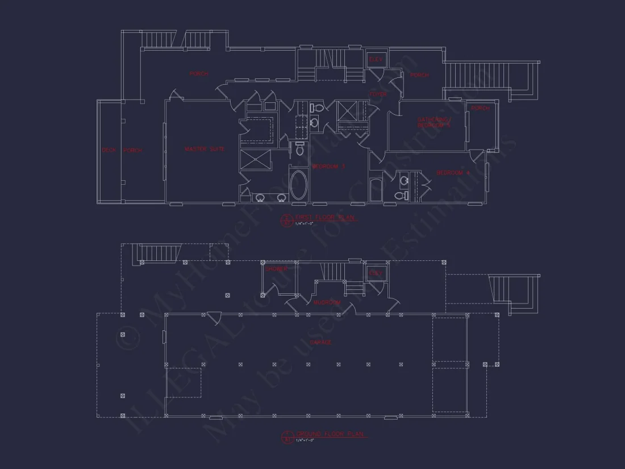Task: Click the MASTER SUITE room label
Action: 205,150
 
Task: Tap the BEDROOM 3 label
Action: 328,167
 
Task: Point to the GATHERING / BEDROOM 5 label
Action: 434,122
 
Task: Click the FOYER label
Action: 378,94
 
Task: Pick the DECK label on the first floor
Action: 109,151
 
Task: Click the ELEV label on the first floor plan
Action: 376,59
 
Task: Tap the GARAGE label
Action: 321,343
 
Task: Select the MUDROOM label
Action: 327,303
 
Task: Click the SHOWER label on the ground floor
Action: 276,269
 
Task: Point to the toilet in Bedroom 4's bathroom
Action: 401,196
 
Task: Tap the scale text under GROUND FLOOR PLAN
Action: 305,441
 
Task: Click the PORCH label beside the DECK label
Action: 133,151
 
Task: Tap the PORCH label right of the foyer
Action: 419,75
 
